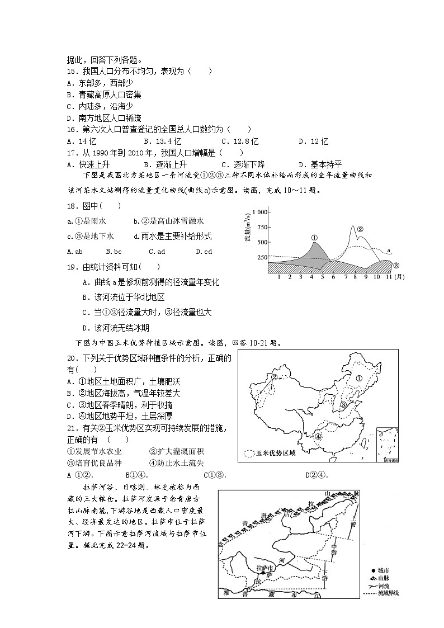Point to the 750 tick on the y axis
(261, 227)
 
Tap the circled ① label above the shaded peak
(314, 237)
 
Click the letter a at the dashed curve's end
(389, 251)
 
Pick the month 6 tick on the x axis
(333, 277)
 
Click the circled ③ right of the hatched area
(396, 265)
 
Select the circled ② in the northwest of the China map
(275, 377)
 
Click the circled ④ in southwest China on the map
(318, 436)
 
